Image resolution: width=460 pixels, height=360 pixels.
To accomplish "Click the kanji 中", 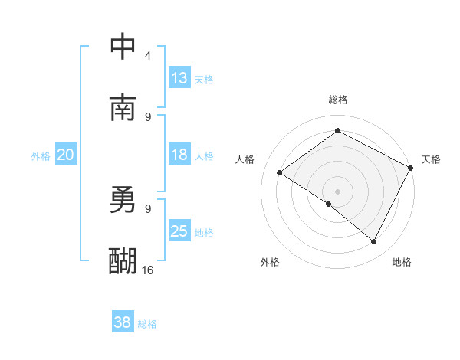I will coord(123,47).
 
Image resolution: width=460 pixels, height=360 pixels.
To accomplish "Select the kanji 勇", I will coord(123,201).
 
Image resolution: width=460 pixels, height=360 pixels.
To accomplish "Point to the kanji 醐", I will coord(123,261).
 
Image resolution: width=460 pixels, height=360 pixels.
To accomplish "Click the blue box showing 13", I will coord(179,78).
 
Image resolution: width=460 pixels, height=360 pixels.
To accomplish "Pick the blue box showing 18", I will coord(179,155).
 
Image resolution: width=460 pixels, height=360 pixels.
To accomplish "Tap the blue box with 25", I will coord(179,231).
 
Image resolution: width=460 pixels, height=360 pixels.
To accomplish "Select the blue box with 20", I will coord(65,155).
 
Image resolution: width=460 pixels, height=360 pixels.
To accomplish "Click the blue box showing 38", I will coord(123,322).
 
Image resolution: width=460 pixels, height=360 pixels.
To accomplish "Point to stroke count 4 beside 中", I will coord(148,56).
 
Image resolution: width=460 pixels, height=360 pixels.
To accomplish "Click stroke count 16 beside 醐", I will coord(148,270).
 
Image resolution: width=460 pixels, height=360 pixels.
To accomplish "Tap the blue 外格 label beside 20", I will coord(41,155).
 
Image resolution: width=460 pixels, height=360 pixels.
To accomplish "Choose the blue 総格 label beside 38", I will coord(147,323).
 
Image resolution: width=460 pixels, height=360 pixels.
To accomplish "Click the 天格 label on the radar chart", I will coord(431,159).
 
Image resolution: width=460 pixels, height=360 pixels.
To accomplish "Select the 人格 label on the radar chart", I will coord(245,159).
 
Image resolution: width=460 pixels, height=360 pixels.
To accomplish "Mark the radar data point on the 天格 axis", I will coord(410,168).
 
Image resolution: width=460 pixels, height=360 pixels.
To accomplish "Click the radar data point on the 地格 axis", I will coord(374,242).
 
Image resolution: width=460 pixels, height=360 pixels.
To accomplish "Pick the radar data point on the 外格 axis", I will coord(329,204).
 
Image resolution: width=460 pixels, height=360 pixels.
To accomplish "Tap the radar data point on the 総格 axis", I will coord(337,131).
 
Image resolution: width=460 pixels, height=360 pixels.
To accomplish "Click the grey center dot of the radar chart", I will coord(337,191).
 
